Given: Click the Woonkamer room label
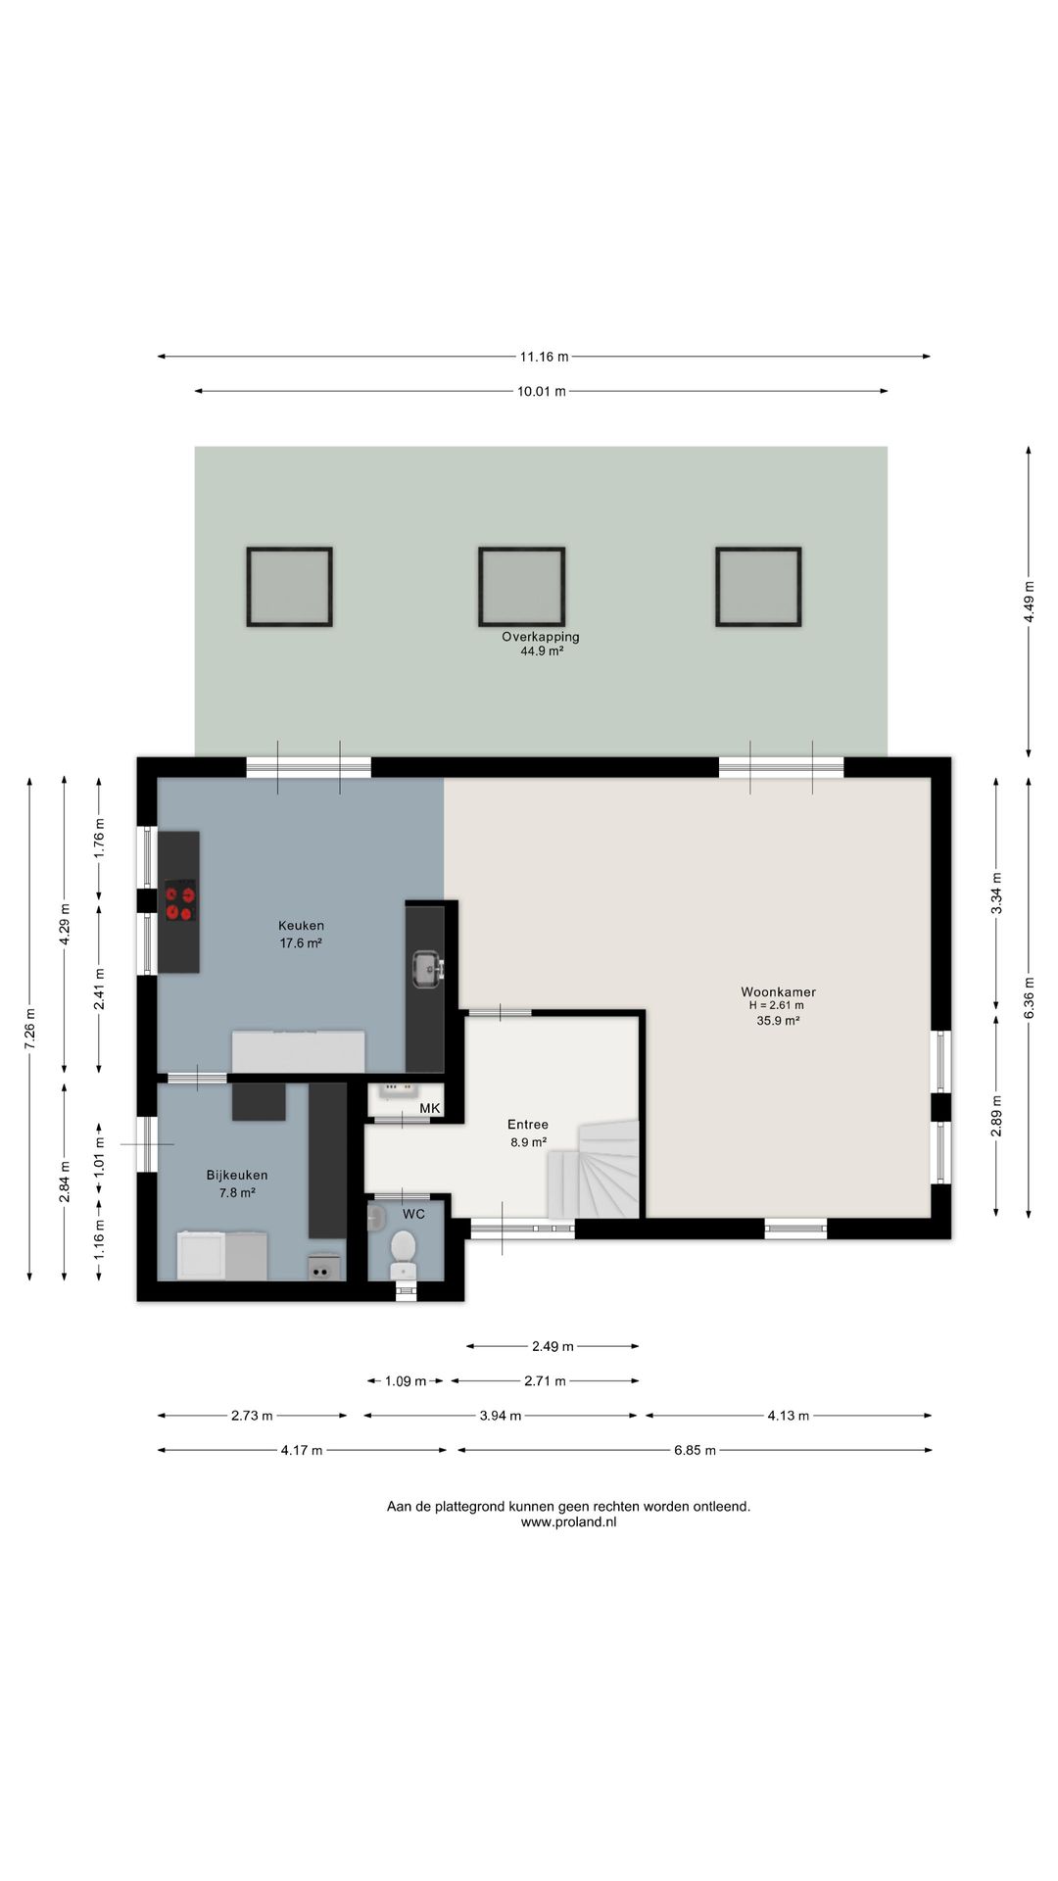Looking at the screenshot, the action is tap(778, 991).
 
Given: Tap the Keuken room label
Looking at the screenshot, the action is tap(301, 925).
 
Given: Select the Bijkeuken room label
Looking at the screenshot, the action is tap(237, 1175).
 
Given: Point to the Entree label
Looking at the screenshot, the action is tap(528, 1125).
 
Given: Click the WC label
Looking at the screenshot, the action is tap(413, 1214).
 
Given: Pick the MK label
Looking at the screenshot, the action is tap(429, 1108).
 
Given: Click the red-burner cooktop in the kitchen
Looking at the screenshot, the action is tap(180, 901).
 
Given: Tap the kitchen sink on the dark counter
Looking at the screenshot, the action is tap(426, 969).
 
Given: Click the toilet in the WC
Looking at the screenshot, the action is tap(403, 1254).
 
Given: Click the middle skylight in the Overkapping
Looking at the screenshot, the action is tap(522, 587).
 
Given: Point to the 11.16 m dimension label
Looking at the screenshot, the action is tap(544, 357).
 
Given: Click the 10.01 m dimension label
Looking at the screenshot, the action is tap(542, 391).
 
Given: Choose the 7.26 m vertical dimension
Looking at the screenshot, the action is tap(29, 1029).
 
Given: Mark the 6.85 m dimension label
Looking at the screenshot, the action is tap(695, 1450).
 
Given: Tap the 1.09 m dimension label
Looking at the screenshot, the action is tap(406, 1381).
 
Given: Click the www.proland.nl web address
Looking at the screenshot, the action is tap(568, 1522).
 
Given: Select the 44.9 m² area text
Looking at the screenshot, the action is tap(542, 651).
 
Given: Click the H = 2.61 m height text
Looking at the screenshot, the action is tap(777, 1005).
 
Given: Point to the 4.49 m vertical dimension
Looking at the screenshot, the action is tap(1029, 602).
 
